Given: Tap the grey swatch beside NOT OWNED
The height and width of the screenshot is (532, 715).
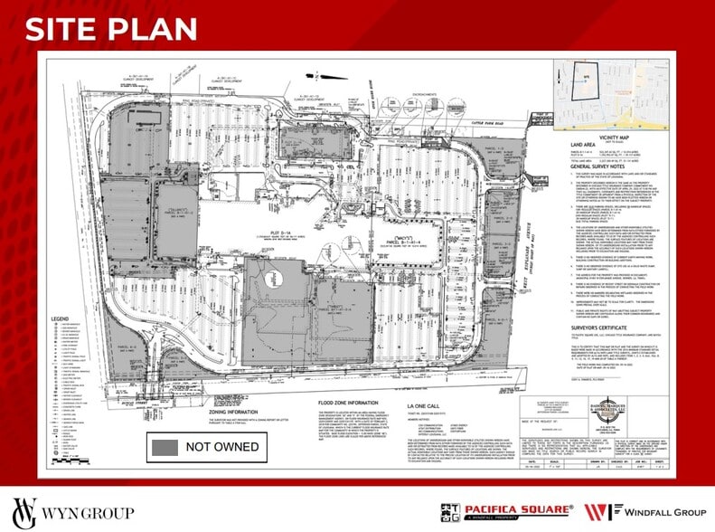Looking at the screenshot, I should (x=165, y=446).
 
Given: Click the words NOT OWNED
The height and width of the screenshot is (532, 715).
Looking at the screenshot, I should (x=222, y=446).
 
